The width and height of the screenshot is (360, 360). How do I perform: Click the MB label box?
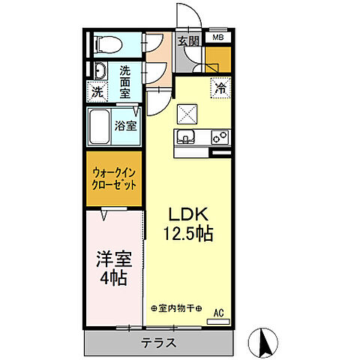pyautogui.click(x=217, y=37)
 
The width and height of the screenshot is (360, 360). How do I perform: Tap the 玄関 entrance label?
pyautogui.click(x=188, y=41)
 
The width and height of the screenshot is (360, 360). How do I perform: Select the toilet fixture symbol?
pyautogui.click(x=105, y=43)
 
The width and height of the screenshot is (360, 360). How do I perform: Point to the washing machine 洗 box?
pyautogui.click(x=98, y=92)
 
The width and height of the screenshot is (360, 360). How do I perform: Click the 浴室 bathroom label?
pyautogui.click(x=125, y=126)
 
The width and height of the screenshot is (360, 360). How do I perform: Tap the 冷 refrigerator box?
pyautogui.click(x=220, y=87)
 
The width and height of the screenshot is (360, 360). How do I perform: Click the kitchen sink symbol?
pyautogui.click(x=186, y=137)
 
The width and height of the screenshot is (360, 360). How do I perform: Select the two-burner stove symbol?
pyautogui.click(x=219, y=137)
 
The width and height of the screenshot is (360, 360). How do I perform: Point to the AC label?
pyautogui.click(x=219, y=313)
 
